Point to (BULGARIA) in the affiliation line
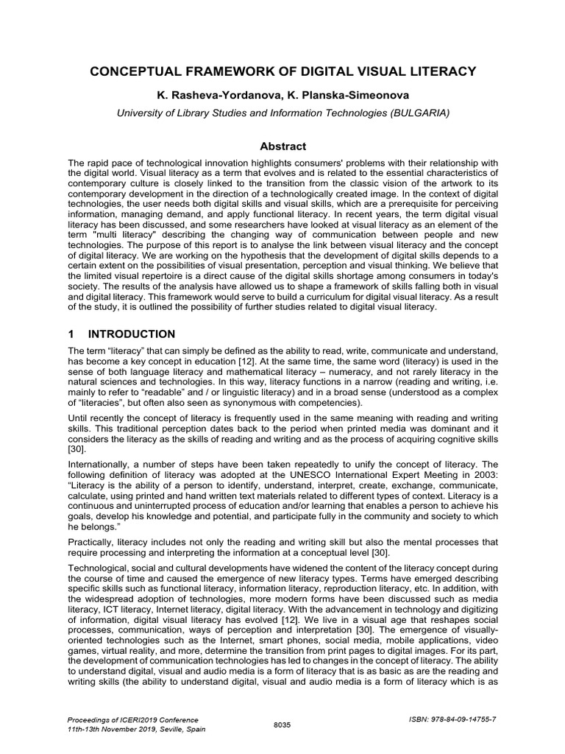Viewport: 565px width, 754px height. (x=419, y=113)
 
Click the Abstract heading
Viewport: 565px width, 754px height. (x=282, y=147)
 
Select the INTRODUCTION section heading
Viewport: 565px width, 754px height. (x=133, y=334)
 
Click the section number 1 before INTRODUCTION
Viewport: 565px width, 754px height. (x=71, y=334)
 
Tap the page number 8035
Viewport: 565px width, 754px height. (x=282, y=725)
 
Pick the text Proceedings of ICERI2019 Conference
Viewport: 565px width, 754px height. (x=132, y=719)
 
